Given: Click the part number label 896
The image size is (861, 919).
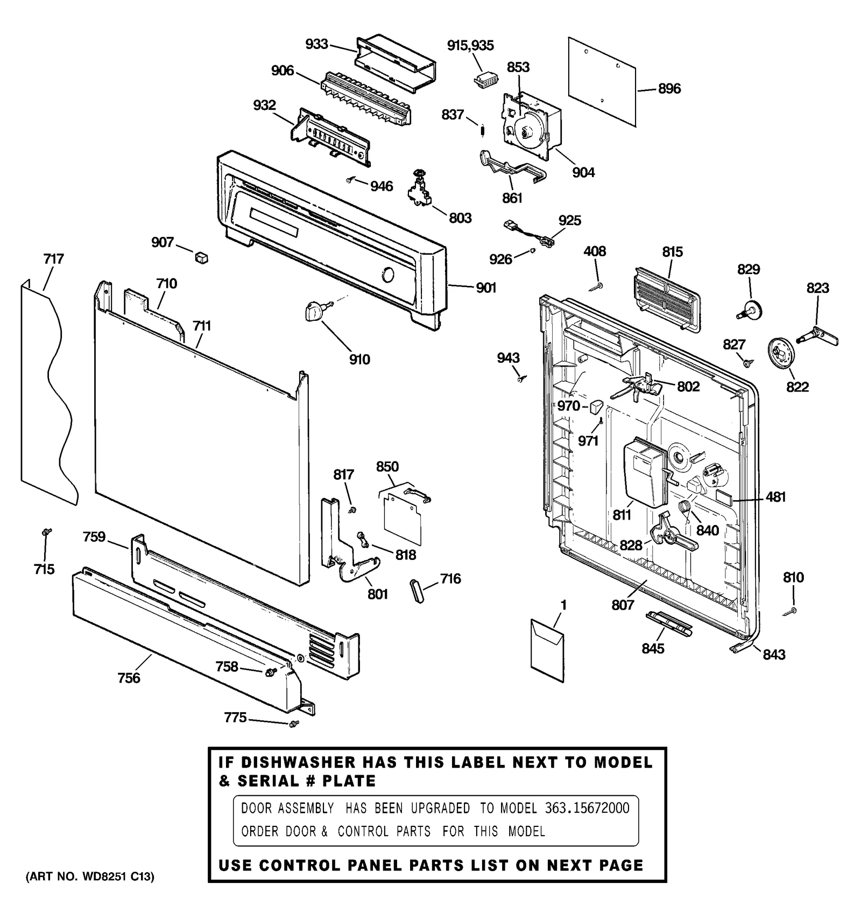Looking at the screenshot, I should (669, 89).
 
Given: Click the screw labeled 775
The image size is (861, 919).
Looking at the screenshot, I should (294, 724).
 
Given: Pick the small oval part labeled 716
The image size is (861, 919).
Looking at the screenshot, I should (417, 591).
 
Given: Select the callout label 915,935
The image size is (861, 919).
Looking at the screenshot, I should (470, 45).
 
